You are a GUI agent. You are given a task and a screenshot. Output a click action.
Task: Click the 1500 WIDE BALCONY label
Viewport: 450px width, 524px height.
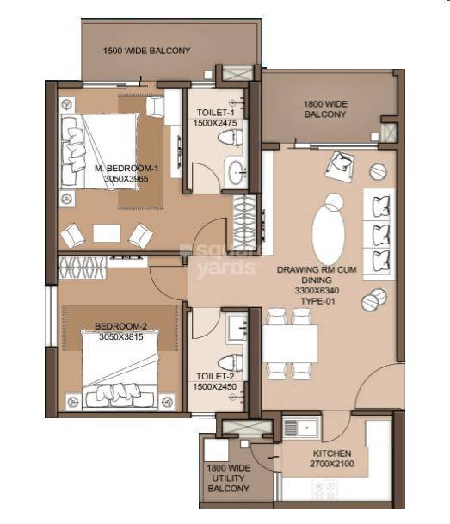(146, 51)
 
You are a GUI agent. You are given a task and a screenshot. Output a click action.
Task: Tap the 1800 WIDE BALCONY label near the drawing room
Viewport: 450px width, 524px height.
(324, 108)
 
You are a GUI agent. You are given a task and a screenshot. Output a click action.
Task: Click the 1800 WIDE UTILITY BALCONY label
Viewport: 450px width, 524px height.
(228, 478)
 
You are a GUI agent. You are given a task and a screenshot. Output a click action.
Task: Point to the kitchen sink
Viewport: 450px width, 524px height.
(302, 426)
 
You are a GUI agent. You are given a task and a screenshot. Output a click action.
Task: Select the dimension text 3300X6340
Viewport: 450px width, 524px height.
(312, 293)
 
